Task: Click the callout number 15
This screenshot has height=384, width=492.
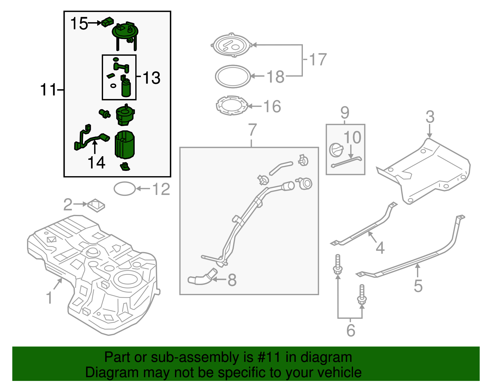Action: (79, 23)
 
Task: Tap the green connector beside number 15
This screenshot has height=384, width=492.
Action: (107, 22)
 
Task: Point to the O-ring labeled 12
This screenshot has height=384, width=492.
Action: (125, 189)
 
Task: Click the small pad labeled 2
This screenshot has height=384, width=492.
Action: (96, 205)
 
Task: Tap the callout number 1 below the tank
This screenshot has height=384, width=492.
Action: (49, 298)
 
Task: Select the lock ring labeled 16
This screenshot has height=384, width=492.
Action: (232, 105)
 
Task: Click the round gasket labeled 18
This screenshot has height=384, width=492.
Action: (233, 76)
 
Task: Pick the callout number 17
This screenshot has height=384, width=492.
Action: (318, 59)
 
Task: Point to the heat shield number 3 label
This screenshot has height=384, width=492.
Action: (430, 117)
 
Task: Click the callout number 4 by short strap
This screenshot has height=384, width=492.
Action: (380, 247)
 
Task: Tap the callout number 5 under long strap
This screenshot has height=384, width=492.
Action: (418, 286)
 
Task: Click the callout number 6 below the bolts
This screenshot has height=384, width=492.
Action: (351, 330)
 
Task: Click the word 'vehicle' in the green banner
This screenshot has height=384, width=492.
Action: (339, 372)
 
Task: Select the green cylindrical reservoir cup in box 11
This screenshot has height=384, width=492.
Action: (125, 144)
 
